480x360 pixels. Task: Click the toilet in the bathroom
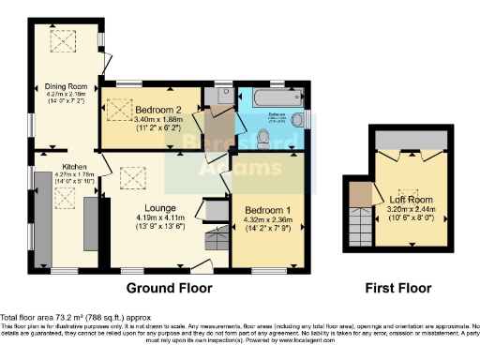pos(264,140)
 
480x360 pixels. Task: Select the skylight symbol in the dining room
pos(66,40)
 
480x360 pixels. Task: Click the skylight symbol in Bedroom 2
pos(120,110)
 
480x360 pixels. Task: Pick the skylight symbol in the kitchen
pos(65,198)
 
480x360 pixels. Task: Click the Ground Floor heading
pos(169,288)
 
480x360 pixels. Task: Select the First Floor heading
pos(395,288)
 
